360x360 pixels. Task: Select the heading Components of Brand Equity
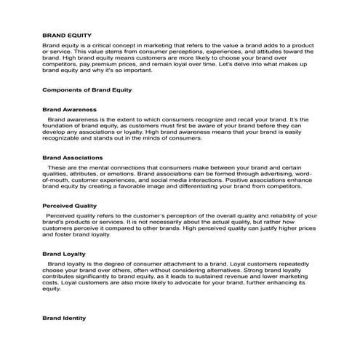87,89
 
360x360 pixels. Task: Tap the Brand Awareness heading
69,108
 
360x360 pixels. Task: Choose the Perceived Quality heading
69,206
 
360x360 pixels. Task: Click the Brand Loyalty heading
64,254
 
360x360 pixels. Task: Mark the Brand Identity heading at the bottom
64,318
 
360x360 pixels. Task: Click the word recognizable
66,140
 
